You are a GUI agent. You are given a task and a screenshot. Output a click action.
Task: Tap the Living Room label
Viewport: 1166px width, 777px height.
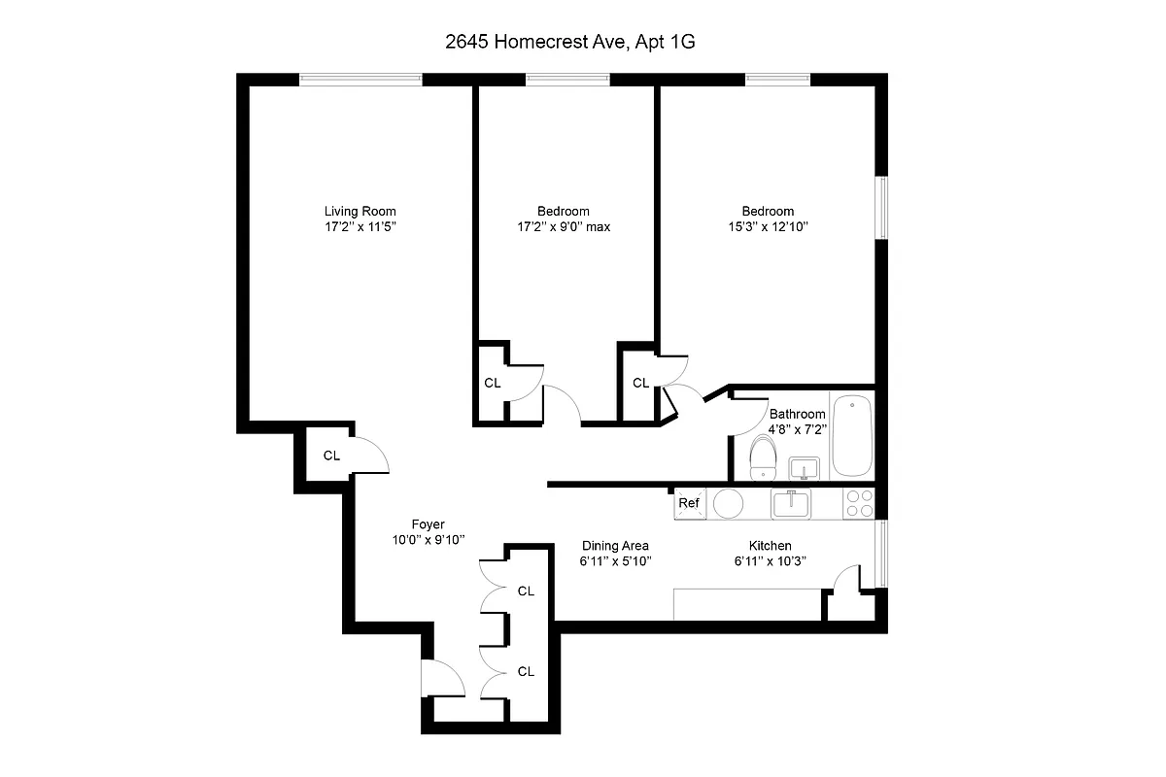coord(360,211)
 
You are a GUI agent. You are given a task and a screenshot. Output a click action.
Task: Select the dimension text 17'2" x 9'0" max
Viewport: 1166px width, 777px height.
coord(563,227)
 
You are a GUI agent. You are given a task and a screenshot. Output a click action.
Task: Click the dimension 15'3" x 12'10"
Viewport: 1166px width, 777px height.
coord(768,227)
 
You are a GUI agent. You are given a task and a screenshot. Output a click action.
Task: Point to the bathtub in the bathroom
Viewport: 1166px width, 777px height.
coord(852,434)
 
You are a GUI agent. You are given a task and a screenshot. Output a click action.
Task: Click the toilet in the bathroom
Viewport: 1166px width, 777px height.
coord(764,456)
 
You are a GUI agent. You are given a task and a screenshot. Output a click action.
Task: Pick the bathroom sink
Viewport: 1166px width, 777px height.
coord(804,469)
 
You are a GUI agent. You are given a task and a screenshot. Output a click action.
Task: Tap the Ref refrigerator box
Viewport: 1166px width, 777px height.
coord(689,503)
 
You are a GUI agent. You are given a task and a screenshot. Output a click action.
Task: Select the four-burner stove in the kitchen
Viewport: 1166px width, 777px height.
coord(859,502)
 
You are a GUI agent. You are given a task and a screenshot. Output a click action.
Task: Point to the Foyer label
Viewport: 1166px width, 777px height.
coord(428,524)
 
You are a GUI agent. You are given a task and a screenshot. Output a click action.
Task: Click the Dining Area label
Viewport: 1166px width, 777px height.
coord(615,546)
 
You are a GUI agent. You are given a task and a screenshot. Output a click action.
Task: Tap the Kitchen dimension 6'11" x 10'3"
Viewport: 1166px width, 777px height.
coord(771,561)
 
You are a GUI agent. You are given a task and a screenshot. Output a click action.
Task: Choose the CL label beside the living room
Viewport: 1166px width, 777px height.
coord(331,456)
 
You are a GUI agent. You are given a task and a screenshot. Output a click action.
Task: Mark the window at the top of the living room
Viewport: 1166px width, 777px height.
coord(360,79)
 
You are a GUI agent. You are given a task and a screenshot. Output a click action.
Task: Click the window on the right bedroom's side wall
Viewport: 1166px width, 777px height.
coord(882,206)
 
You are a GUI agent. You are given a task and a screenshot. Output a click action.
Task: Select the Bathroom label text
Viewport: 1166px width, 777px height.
coord(797,414)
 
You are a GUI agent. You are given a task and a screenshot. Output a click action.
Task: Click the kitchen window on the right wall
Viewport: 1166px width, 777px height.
coord(882,554)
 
